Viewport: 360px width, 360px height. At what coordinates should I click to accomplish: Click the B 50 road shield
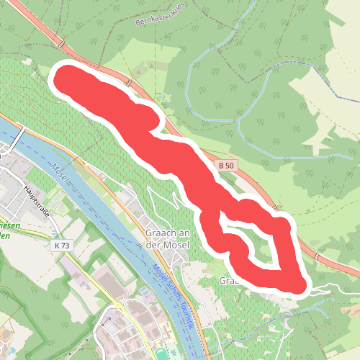227,166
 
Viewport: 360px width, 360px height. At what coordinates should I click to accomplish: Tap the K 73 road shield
63,246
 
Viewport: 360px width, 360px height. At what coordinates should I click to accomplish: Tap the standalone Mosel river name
59,174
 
